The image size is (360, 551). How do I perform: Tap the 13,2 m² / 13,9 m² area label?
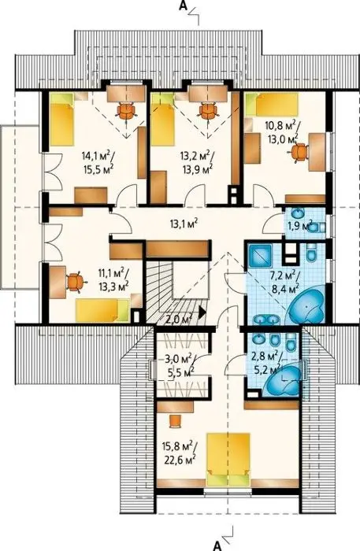pos(197,162)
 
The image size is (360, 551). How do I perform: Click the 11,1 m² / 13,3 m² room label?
pos(113,279)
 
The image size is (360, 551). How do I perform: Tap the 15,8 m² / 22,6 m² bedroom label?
pos(179,453)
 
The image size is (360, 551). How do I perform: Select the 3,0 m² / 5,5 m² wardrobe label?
pos(178,366)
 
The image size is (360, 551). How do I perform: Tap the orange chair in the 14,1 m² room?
pos(126,110)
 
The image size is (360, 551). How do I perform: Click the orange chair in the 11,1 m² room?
pos(76,282)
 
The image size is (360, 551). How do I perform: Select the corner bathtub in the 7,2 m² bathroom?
pos(306,309)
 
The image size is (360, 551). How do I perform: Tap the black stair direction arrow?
pos(202,312)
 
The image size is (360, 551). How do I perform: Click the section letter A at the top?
pos(183,6)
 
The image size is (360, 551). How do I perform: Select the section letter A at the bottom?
pos(218,545)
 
